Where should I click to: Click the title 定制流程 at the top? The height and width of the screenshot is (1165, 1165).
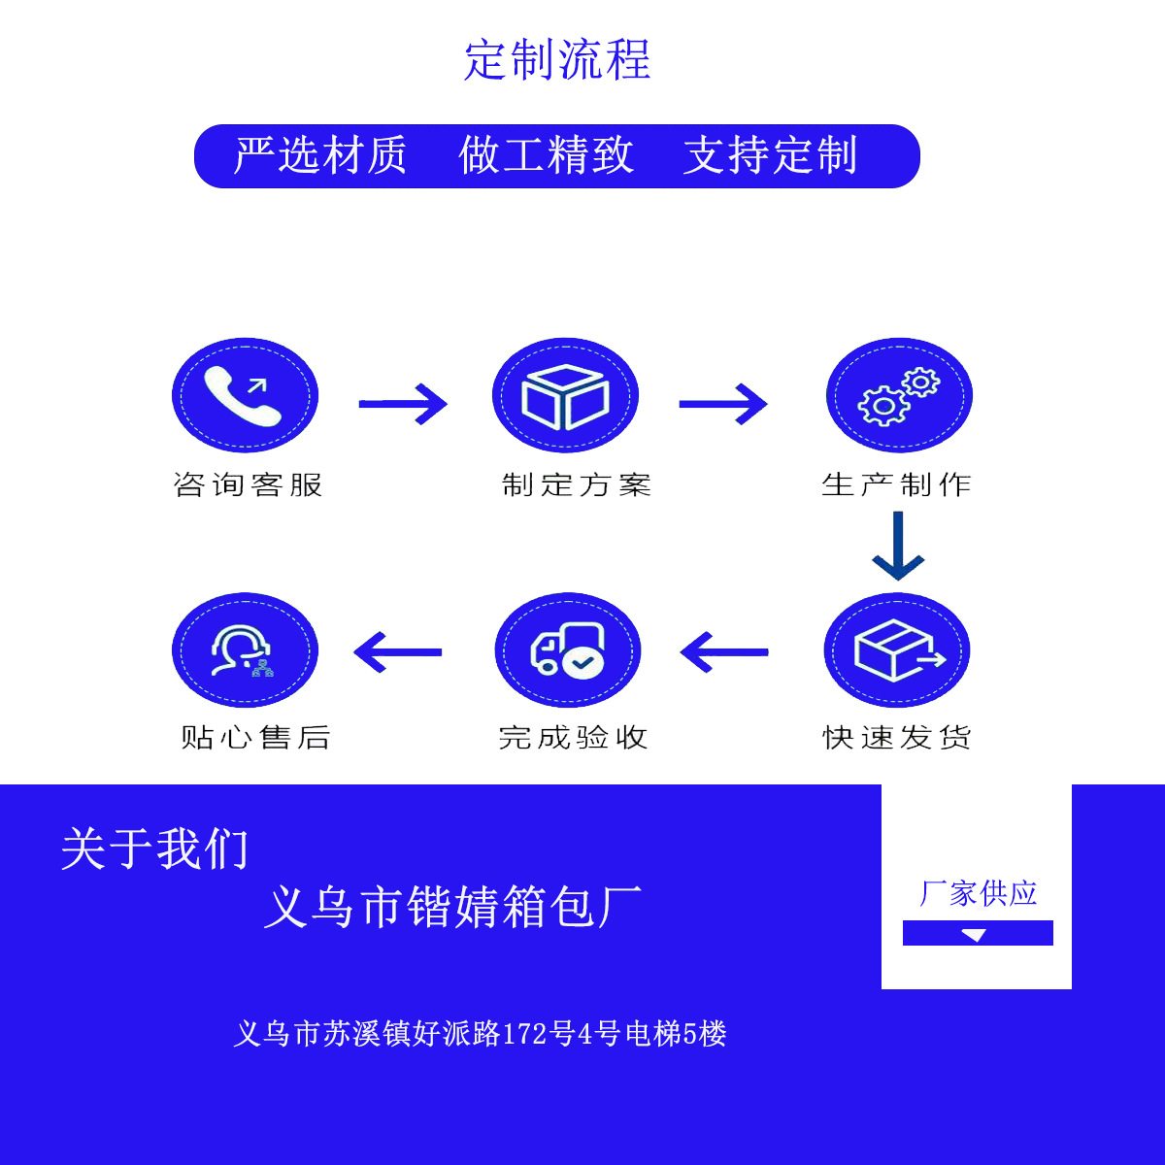click(557, 60)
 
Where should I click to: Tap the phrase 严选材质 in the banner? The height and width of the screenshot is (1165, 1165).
click(320, 155)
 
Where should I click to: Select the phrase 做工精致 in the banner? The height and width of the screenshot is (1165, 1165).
click(546, 155)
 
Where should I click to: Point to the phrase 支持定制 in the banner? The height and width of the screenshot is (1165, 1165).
click(771, 155)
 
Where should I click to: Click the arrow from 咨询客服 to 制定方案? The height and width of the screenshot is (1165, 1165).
click(403, 403)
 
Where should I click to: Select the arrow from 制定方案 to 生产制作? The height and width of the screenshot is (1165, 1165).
click(723, 403)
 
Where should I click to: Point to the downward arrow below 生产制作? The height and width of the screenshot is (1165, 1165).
click(898, 547)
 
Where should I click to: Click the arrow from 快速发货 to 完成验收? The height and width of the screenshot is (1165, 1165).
click(724, 652)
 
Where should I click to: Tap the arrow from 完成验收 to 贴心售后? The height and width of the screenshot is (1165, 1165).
click(398, 652)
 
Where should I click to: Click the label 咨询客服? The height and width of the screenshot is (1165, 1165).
click(248, 484)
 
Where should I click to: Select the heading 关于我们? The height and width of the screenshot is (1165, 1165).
click(155, 849)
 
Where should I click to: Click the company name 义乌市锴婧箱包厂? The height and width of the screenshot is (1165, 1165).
click(453, 908)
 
